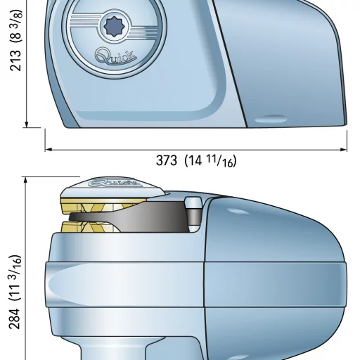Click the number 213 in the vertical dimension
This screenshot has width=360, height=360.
15,60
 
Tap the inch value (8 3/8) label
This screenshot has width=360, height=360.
16,26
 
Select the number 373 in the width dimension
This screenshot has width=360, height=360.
167,160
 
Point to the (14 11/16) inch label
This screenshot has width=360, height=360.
210,161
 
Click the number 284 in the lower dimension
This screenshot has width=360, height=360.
15,319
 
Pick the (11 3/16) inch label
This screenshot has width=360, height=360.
15,278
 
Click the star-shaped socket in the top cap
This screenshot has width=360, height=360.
114,27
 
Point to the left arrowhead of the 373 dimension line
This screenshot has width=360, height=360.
48,150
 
